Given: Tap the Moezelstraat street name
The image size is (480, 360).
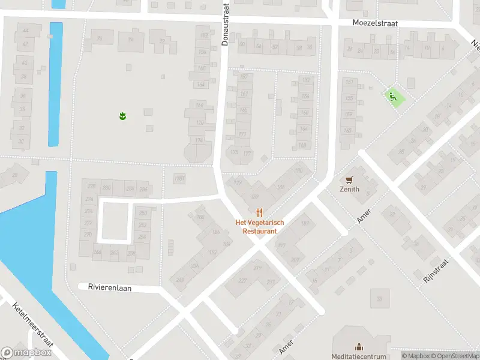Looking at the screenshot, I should [376, 23].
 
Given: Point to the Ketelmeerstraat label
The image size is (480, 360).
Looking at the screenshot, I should [32, 323].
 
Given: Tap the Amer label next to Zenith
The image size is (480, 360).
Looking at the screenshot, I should [364, 217].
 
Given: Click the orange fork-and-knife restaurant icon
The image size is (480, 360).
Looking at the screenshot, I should [259, 212].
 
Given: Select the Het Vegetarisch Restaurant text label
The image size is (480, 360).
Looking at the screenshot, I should [259, 226].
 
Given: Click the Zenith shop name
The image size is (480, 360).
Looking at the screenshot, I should [349, 189].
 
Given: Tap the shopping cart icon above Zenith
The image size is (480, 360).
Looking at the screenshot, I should [349, 179].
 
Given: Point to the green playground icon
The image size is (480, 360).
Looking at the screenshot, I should [393, 96].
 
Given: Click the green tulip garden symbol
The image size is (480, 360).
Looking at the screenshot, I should [122, 115].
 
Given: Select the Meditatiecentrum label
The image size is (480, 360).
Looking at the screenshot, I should [359, 356].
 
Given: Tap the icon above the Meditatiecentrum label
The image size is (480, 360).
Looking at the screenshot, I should [359, 346].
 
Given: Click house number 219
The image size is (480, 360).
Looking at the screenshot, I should [258, 268].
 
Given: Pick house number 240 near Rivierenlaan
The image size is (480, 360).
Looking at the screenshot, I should [179, 280].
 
